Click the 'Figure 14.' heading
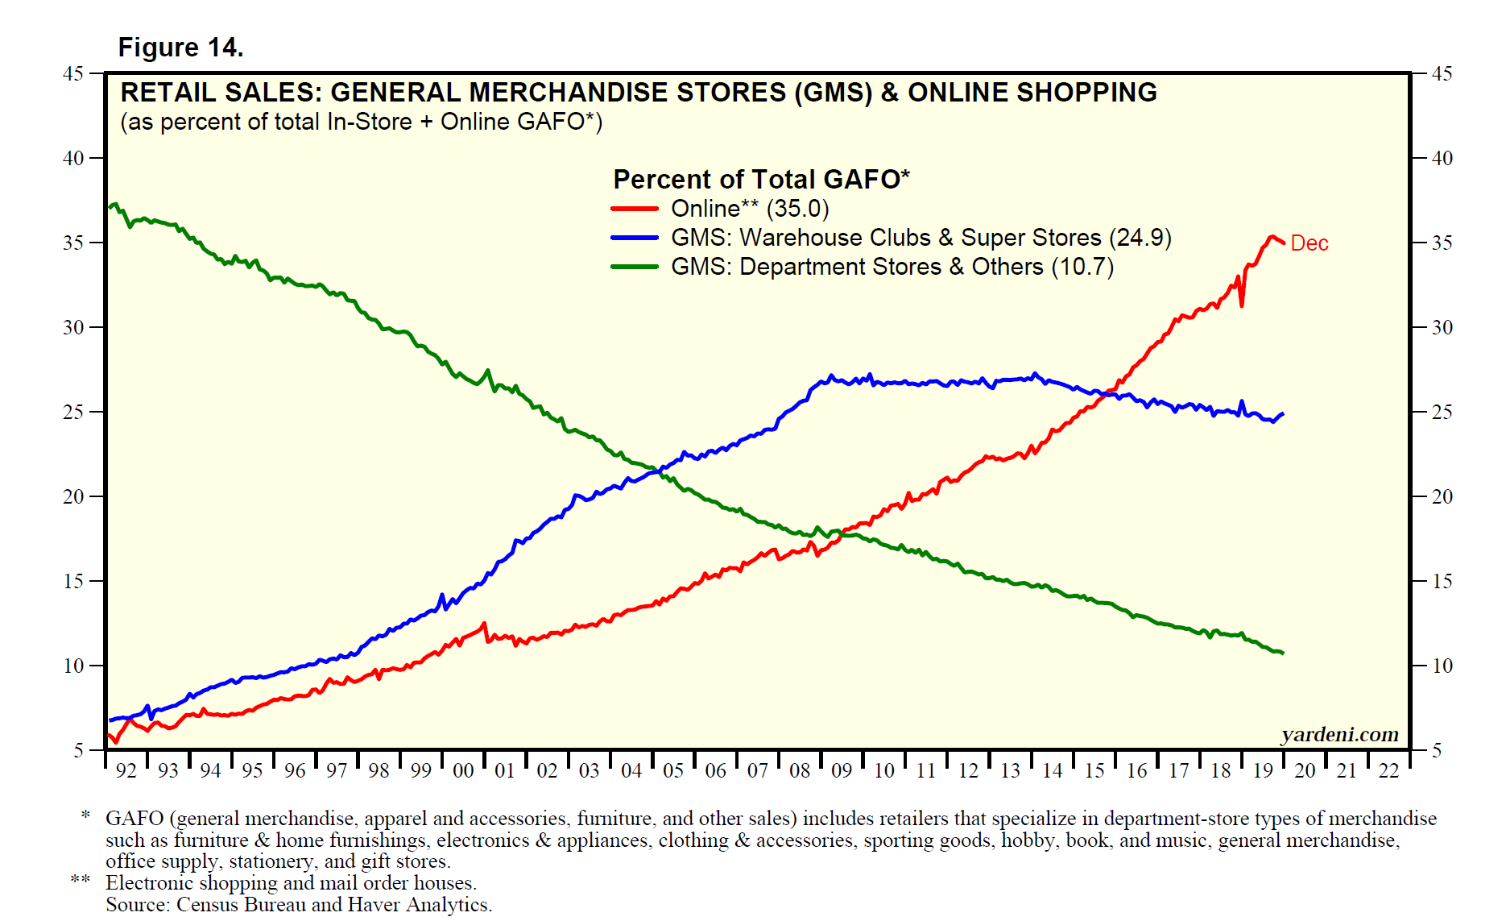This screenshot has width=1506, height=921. pos(180,48)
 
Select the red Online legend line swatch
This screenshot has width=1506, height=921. pos(635,209)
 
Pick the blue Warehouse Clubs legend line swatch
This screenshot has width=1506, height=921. pos(635,238)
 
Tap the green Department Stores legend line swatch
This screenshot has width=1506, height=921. pos(635,267)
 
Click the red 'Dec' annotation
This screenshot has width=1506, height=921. pos(1309,243)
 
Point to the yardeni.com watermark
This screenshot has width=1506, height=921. pos(1339,734)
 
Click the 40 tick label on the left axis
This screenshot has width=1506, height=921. pos(73,158)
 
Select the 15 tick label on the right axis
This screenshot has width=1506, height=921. pos(1442,581)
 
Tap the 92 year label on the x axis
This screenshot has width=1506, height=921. pos(126,771)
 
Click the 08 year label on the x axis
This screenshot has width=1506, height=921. pos(800,771)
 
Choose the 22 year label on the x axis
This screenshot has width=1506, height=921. pos(1389,771)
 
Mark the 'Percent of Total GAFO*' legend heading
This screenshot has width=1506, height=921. pos(761,179)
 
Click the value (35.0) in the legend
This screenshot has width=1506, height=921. pos(797,209)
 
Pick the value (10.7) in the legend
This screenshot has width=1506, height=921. pos(1082,267)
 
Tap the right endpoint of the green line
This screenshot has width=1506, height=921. pos(1283,653)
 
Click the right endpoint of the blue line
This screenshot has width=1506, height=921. pos(1283,414)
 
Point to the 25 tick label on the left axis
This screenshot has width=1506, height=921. pos(73,412)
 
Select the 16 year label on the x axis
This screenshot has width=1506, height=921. pos(1136,771)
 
